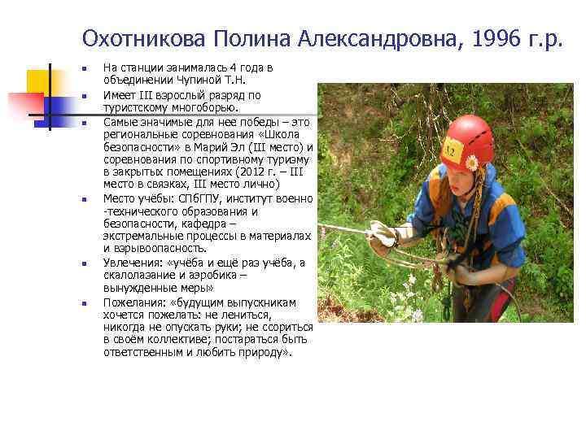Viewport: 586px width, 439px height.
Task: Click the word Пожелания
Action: click(132, 302)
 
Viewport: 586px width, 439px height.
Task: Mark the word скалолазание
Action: click(140, 276)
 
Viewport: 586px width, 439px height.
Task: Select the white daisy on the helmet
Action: click(471, 162)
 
